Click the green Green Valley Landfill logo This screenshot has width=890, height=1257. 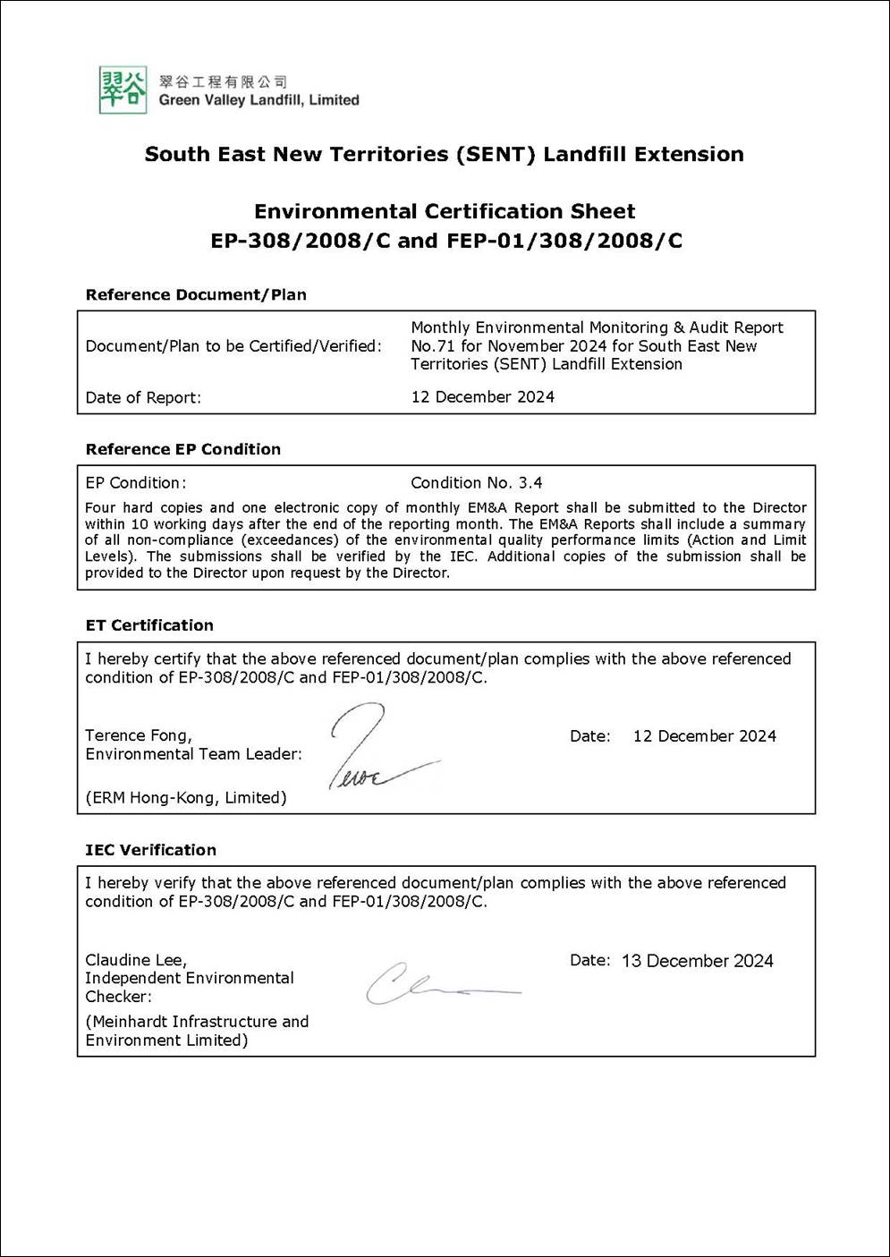(123, 89)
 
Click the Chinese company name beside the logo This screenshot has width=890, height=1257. (223, 81)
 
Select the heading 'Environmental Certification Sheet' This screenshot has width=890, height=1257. (445, 212)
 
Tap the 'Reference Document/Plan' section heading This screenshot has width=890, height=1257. (196, 294)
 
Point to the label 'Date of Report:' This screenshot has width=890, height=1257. (143, 398)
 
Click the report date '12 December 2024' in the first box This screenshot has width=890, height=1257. (482, 397)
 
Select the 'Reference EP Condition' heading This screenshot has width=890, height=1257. (183, 449)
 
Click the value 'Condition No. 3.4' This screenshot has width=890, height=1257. (476, 483)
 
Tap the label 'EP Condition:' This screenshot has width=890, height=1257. (136, 483)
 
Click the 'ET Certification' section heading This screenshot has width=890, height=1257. (149, 625)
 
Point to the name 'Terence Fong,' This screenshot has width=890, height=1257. (139, 735)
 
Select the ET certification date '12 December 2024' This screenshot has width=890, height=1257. (704, 736)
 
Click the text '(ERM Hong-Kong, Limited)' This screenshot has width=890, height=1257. (186, 798)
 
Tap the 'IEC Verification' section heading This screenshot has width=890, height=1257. (150, 850)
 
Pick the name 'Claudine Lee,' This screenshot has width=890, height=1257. (136, 960)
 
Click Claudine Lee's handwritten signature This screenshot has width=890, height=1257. (438, 984)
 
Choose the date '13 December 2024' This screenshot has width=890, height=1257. (697, 961)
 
